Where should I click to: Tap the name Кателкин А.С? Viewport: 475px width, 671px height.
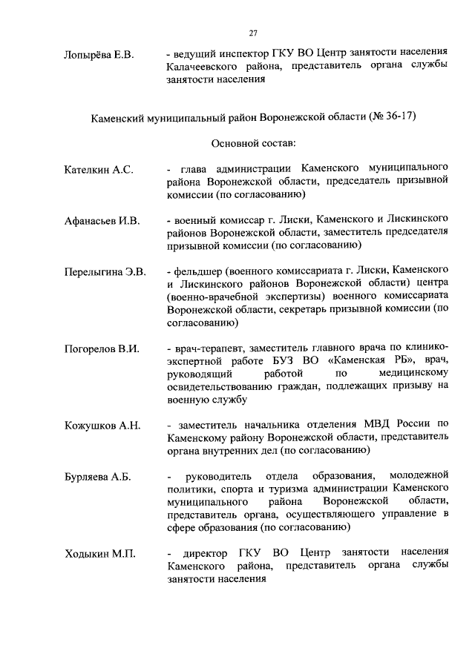pos(99,170)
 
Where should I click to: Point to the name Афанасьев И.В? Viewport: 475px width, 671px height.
pos(102,220)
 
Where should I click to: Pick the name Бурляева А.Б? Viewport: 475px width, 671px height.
pos(98,477)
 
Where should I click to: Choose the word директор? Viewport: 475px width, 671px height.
pos(207,554)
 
